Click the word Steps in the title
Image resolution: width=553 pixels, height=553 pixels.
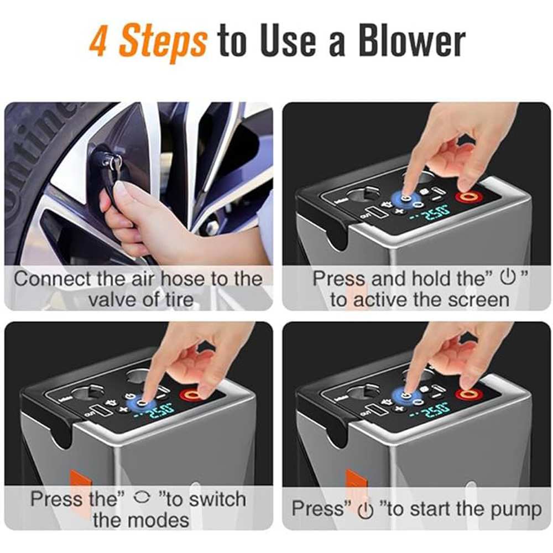coord(163,43)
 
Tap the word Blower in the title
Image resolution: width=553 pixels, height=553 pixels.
coord(412,41)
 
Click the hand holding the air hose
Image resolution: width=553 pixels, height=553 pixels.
coord(141,218)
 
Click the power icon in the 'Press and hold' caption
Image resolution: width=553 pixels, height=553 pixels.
coord(508,278)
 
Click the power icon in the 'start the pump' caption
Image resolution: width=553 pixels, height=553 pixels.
coord(366,510)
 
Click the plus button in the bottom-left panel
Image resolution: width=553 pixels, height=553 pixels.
coord(123,410)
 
